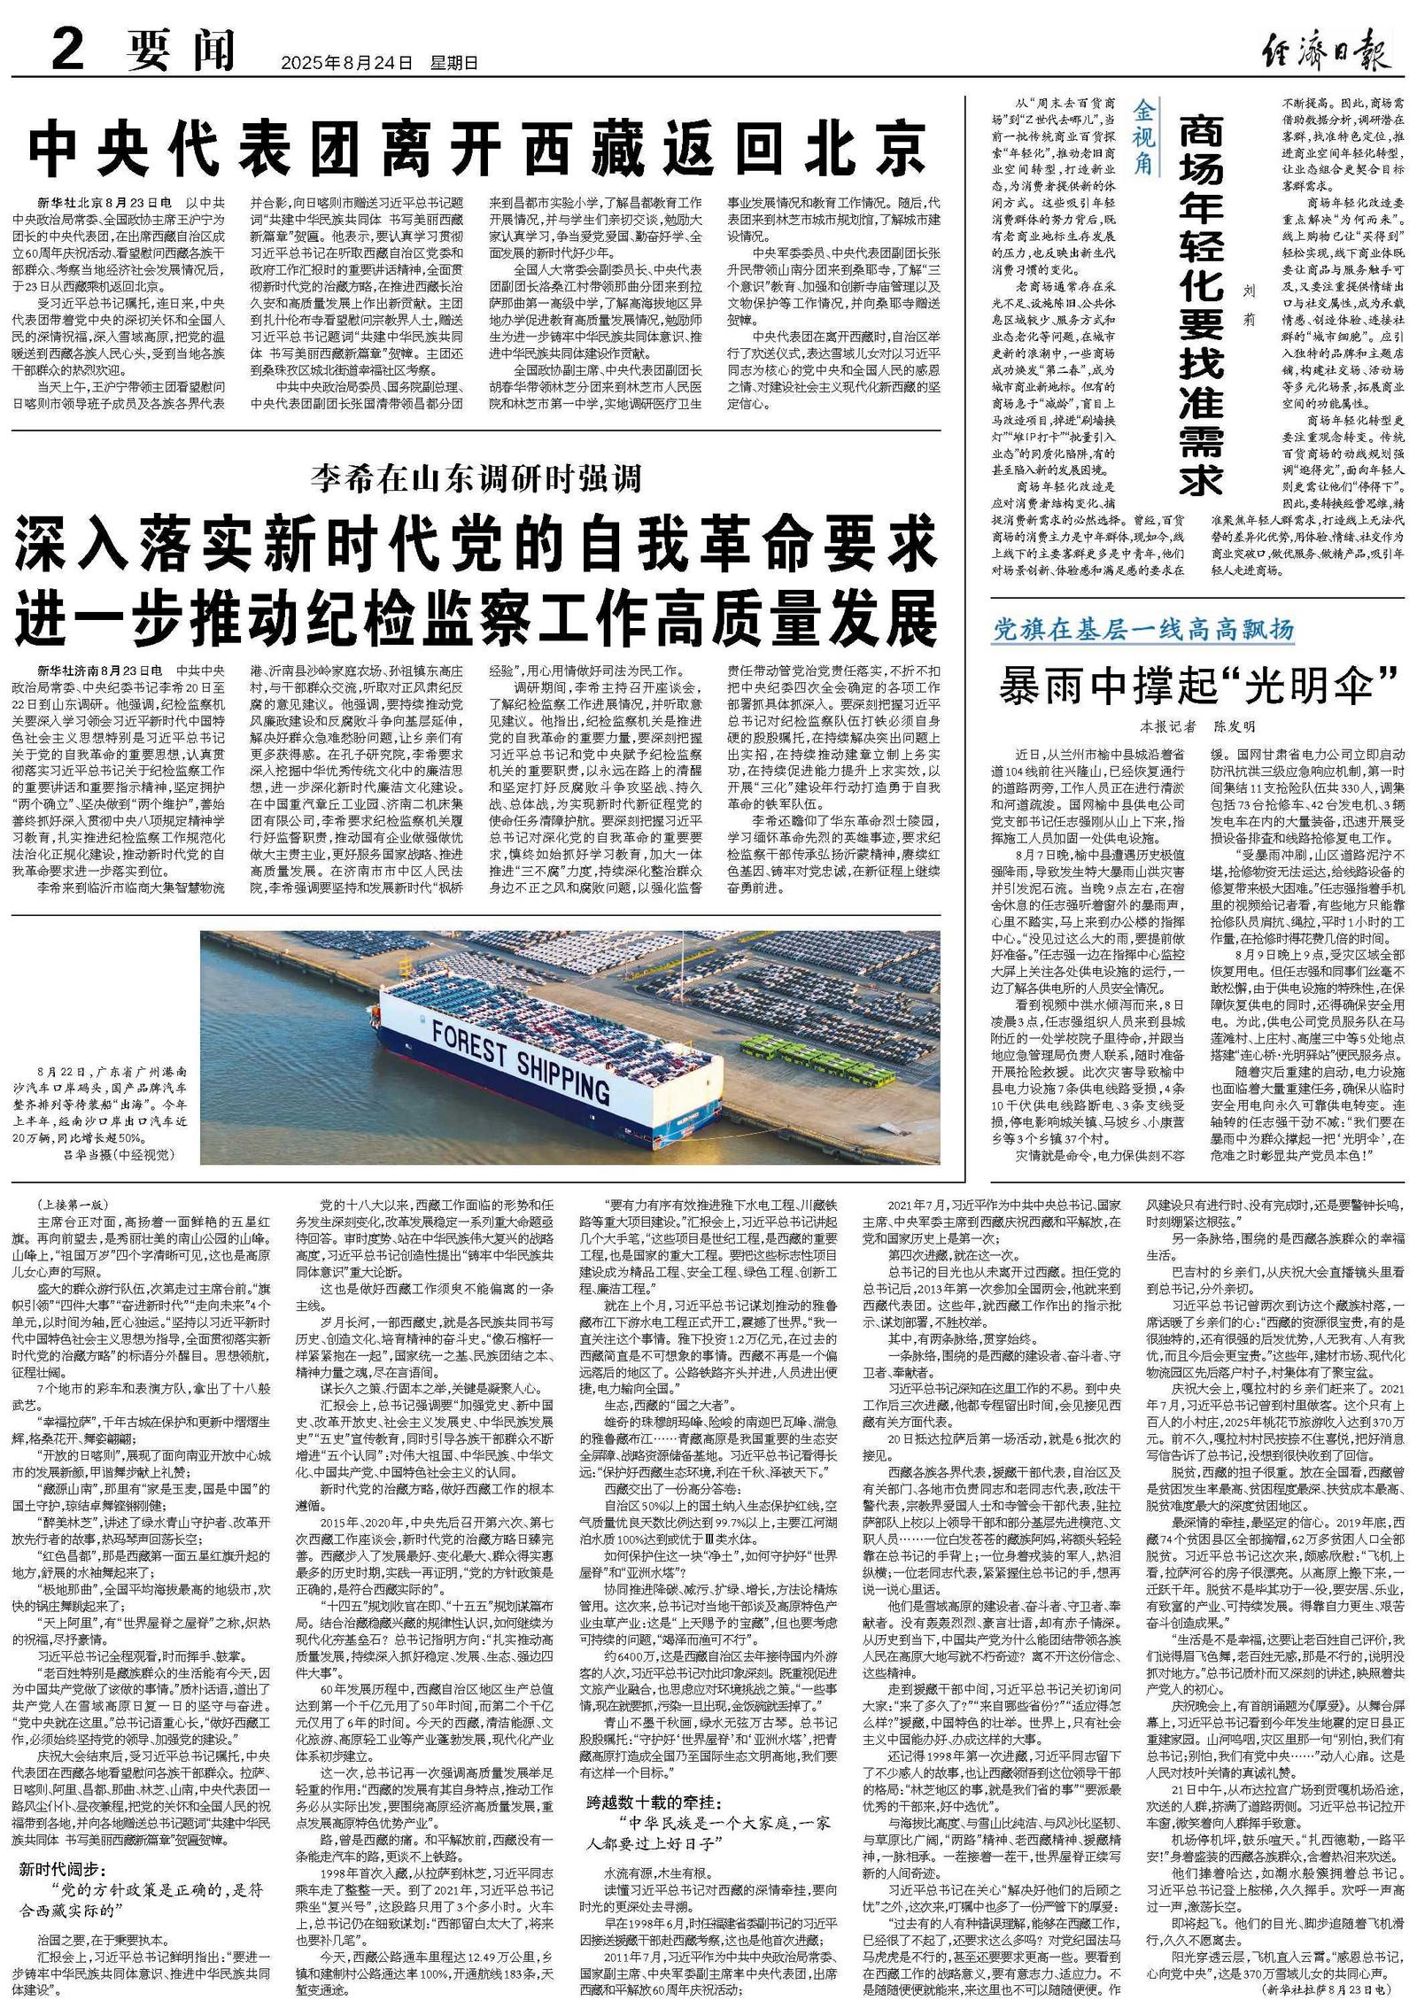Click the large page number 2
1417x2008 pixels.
click(67, 48)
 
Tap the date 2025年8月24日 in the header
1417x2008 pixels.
click(346, 63)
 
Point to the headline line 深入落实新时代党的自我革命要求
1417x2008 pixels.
click(475, 547)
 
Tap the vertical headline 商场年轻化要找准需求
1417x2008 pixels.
click(1201, 306)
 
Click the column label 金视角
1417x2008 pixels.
click(1142, 137)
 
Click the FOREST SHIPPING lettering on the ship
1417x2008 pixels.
click(521, 1058)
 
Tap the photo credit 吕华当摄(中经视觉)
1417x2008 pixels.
click(117, 1155)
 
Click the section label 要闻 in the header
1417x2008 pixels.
click(180, 50)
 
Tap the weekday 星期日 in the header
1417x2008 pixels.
click(453, 63)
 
